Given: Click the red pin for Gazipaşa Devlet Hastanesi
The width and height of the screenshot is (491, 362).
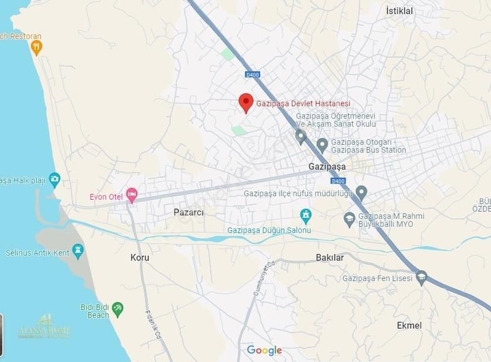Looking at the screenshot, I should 246,102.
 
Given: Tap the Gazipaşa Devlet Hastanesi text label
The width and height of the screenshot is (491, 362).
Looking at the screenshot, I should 303,104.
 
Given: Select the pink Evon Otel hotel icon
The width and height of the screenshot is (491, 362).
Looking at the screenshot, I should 131,195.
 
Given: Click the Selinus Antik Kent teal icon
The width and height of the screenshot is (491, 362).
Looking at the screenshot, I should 78,251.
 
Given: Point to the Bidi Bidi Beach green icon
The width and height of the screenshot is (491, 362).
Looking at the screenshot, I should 118,308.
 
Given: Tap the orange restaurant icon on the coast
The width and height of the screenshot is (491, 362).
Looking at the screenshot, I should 37,47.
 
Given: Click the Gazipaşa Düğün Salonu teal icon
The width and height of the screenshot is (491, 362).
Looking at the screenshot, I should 306,215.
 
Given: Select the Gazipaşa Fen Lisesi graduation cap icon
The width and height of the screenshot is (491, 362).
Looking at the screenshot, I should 422,277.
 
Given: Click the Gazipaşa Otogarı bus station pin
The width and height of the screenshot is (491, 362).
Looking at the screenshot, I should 322,145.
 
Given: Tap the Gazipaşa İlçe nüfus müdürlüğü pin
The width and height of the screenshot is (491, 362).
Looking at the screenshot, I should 361,192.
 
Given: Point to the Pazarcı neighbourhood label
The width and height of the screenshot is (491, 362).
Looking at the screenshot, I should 188,212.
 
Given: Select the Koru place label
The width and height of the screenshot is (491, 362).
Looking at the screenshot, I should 140,257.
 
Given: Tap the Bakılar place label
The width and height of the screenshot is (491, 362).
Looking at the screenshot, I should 330,257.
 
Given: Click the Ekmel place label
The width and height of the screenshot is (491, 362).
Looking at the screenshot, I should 409,325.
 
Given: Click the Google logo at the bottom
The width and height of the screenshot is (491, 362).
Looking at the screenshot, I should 264,350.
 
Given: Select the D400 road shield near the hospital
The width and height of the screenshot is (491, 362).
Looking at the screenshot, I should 252,75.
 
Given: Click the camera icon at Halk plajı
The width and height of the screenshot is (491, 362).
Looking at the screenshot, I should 54,180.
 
